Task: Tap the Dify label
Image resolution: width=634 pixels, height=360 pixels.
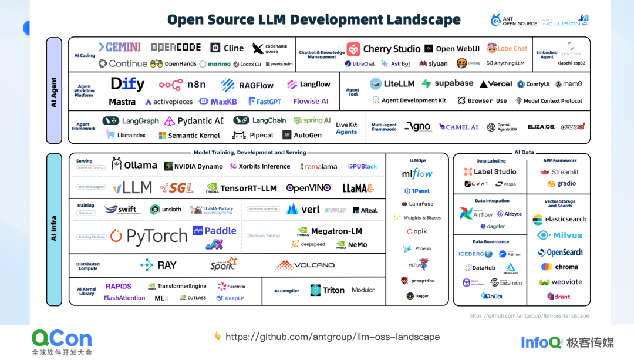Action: (x=127, y=85)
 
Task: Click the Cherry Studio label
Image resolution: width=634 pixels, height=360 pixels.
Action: (x=392, y=49)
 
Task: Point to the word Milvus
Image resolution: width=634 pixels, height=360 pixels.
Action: (x=568, y=235)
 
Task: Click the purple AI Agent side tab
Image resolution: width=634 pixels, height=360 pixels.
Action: (x=54, y=91)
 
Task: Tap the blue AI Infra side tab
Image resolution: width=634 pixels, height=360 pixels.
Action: (x=54, y=230)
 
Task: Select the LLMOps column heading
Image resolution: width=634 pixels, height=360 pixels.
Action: (x=417, y=160)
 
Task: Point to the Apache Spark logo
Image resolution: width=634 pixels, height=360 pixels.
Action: (x=224, y=264)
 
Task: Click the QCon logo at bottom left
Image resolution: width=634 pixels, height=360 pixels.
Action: (x=62, y=339)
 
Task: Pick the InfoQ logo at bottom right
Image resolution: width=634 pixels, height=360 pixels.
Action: (x=542, y=342)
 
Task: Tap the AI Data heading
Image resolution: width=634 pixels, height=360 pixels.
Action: (x=524, y=153)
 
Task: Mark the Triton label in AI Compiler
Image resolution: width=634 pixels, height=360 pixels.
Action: (x=333, y=290)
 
